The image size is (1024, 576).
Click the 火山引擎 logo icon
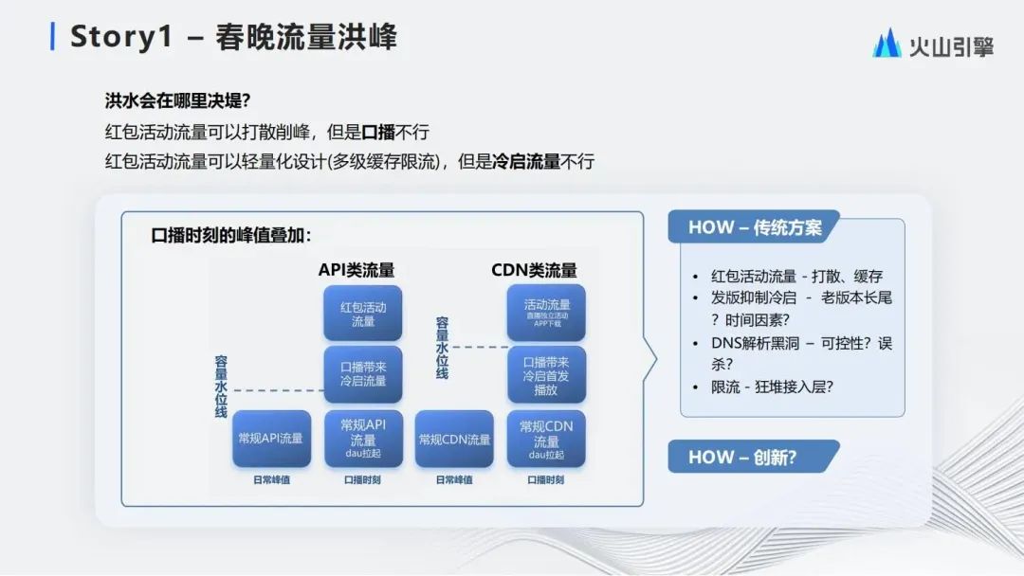[x=887, y=44]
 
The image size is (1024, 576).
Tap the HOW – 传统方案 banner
[x=755, y=227]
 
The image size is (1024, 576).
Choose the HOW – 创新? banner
[x=742, y=457]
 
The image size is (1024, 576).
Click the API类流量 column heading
[x=357, y=270]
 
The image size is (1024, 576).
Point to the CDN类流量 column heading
[x=534, y=270]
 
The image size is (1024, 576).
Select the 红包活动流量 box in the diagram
[x=363, y=314]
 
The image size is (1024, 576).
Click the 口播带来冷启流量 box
[x=363, y=373]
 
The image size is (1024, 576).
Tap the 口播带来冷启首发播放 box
[x=546, y=375]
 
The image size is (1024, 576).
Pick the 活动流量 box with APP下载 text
[x=546, y=313]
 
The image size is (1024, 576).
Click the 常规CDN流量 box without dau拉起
[x=454, y=439]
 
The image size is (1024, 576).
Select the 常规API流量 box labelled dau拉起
[x=363, y=439]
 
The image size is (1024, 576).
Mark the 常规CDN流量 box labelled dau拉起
[x=546, y=439]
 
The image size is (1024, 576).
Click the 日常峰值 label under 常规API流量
[x=271, y=479]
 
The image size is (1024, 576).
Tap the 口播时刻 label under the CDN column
[x=546, y=479]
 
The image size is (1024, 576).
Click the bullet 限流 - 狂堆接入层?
[x=773, y=387]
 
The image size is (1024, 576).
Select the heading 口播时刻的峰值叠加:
[x=231, y=236]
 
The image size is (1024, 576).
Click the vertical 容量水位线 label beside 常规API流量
[x=221, y=387]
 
